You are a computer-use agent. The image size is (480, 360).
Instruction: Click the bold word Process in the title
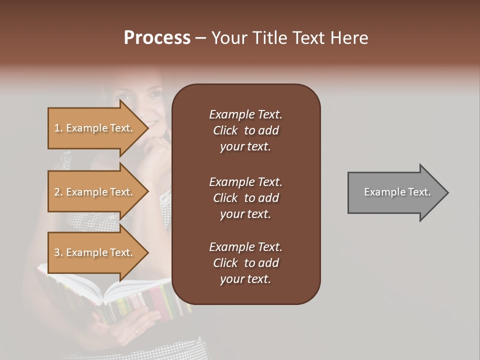(157, 38)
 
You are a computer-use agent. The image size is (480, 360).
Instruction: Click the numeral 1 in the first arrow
(57, 128)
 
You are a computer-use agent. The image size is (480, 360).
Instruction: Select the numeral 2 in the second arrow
(57, 192)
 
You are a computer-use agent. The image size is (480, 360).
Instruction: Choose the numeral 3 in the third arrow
(57, 252)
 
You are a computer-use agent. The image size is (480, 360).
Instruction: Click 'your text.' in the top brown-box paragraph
(245, 146)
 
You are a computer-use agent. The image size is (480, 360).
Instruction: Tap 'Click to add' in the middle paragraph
(245, 198)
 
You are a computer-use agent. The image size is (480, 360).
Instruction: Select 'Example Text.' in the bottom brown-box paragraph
(245, 247)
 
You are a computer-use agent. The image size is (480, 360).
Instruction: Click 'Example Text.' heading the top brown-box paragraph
(245, 114)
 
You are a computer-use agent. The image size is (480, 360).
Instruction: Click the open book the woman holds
(115, 295)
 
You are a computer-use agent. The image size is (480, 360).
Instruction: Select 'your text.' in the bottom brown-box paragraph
(245, 279)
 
